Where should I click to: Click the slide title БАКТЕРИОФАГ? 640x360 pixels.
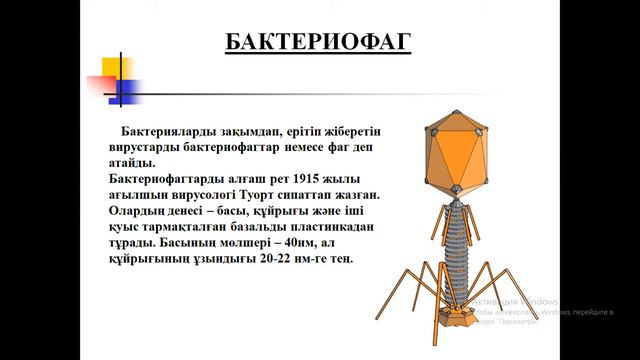tap(318, 42)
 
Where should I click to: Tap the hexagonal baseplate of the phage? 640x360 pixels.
tap(462, 321)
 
